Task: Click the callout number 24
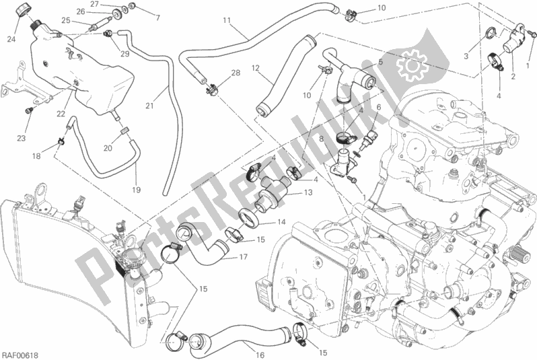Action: pyautogui.click(x=11, y=40)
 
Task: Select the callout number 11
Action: pyautogui.click(x=227, y=21)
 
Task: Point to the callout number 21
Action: pyautogui.click(x=149, y=106)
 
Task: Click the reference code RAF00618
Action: pyautogui.click(x=20, y=355)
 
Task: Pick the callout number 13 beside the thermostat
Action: pyautogui.click(x=308, y=192)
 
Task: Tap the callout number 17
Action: pyautogui.click(x=243, y=256)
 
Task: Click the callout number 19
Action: pyautogui.click(x=137, y=190)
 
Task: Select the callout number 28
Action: pyautogui.click(x=236, y=73)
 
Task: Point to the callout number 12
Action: pyautogui.click(x=256, y=68)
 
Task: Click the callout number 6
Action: pyautogui.click(x=378, y=107)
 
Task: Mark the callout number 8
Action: pyautogui.click(x=321, y=139)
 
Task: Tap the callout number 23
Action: pyautogui.click(x=22, y=139)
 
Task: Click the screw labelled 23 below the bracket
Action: pyautogui.click(x=29, y=110)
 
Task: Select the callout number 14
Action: pyautogui.click(x=281, y=222)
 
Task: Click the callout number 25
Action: pyautogui.click(x=66, y=21)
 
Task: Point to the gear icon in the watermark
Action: pyautogui.click(x=413, y=65)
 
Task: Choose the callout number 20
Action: pyautogui.click(x=108, y=148)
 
